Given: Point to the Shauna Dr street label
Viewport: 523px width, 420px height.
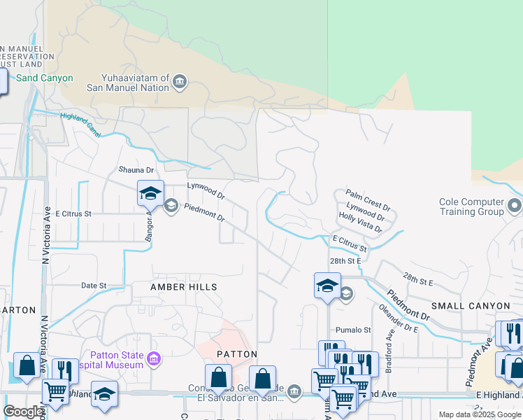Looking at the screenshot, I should tap(136, 170).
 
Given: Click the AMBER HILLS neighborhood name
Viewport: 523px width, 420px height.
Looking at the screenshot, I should tap(184, 287).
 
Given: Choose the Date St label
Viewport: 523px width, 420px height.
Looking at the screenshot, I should tap(94, 286).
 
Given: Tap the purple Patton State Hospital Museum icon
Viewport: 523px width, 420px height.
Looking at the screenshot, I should tap(155, 359).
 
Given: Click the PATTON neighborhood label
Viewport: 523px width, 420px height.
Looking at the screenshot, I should tap(237, 354).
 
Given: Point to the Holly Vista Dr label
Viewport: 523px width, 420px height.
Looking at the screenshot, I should tap(360, 223).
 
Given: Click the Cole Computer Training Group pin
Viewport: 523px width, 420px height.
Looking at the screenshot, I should tap(515, 206).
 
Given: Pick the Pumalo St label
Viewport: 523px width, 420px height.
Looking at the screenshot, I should tap(353, 330).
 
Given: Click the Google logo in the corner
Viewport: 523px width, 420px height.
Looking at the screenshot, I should tap(24, 412).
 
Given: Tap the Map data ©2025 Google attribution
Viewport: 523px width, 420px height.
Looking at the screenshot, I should tap(480, 414).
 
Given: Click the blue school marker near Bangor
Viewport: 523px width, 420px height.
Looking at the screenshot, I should tap(150, 193).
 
